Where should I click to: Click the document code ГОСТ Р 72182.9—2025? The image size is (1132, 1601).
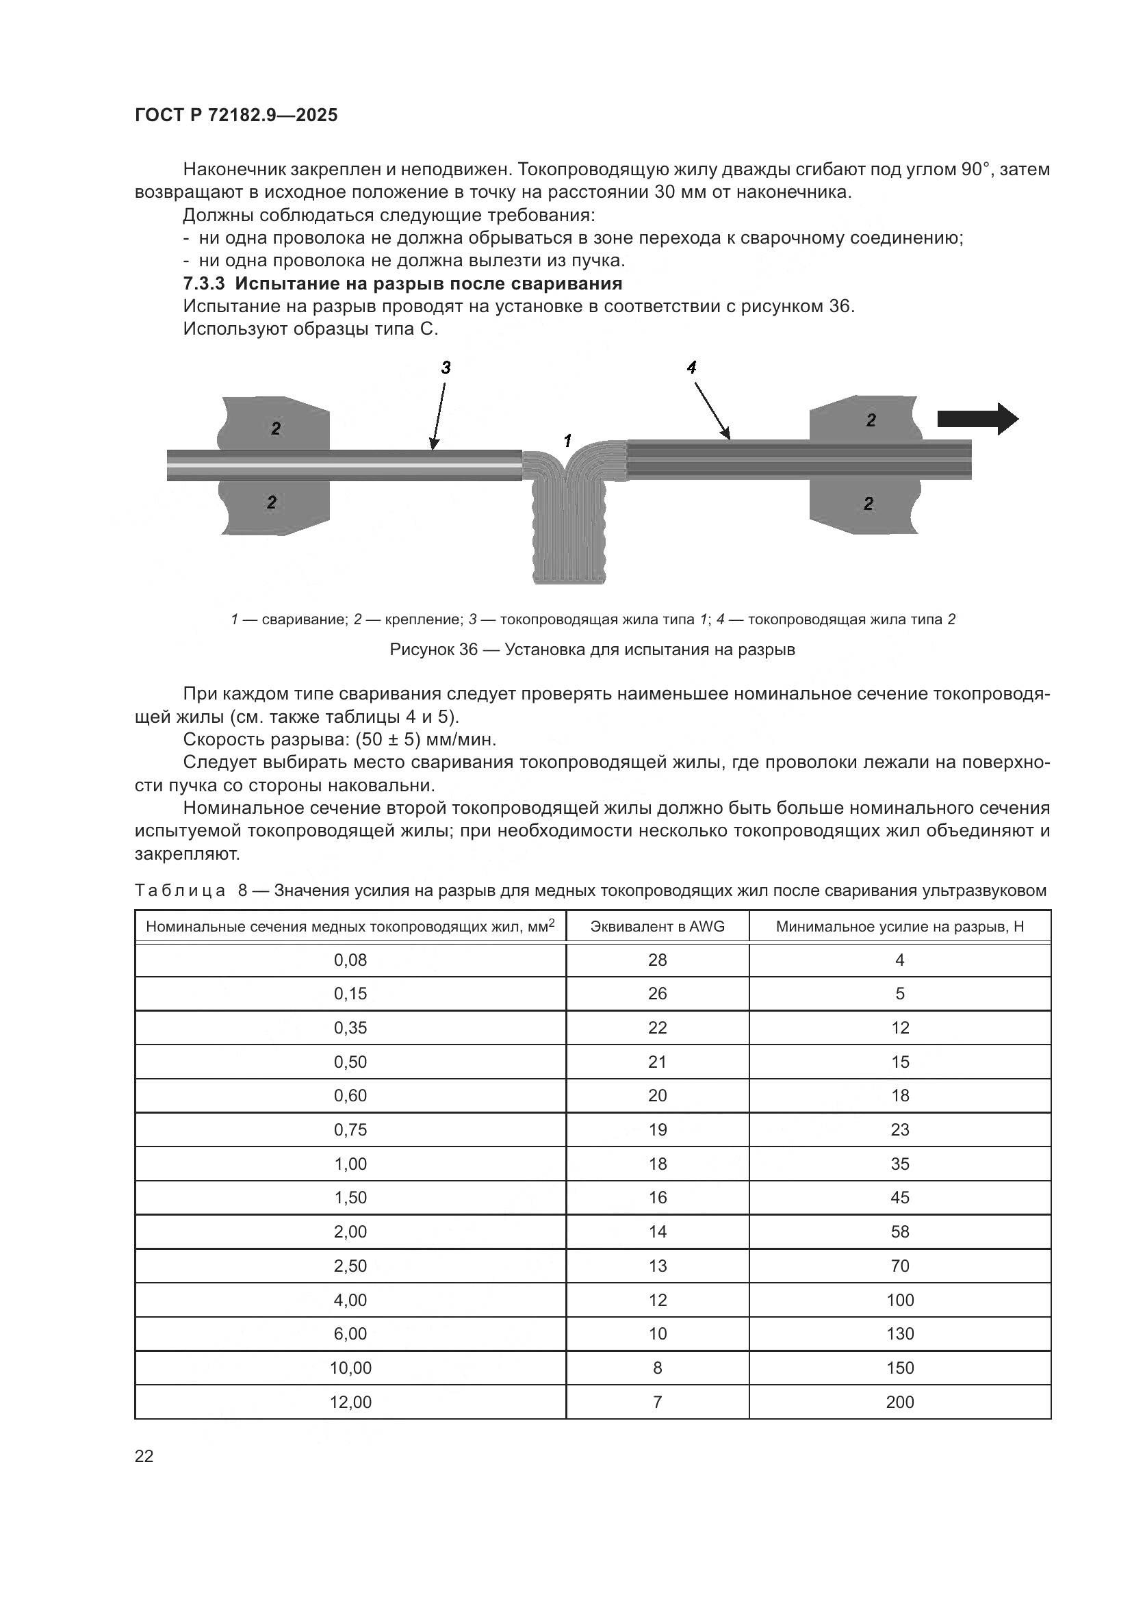[x=235, y=115]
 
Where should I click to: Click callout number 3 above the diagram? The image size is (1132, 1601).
[x=446, y=368]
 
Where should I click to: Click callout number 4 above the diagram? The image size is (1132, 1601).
[x=691, y=368]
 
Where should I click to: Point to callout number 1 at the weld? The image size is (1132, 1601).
[x=567, y=441]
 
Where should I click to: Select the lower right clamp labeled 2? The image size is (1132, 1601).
[x=869, y=506]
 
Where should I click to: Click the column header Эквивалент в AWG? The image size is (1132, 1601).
[x=657, y=926]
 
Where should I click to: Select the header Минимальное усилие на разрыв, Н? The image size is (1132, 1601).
[x=899, y=926]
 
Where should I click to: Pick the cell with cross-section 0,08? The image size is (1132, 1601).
[x=350, y=960]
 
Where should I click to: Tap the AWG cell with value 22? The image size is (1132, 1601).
[x=657, y=1028]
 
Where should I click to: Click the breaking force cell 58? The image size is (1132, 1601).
[x=900, y=1232]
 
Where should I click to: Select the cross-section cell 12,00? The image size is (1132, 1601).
[x=350, y=1403]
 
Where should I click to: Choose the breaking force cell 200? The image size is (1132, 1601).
[x=900, y=1403]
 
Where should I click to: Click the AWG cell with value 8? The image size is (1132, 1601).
[x=657, y=1368]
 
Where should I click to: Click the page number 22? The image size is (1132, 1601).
[x=144, y=1456]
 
